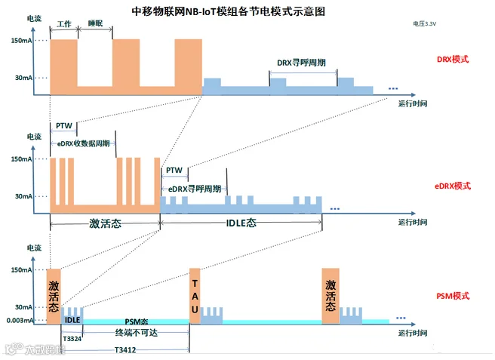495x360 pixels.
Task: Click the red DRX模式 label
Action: [453, 58]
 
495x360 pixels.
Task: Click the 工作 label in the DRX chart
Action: [63, 25]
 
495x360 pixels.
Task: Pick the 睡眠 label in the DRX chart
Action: [94, 25]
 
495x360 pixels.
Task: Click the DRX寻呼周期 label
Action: [301, 63]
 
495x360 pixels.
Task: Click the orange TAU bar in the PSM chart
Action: [194, 295]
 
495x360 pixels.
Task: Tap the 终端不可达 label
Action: [134, 332]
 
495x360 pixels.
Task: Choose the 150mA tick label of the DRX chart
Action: [21, 40]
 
